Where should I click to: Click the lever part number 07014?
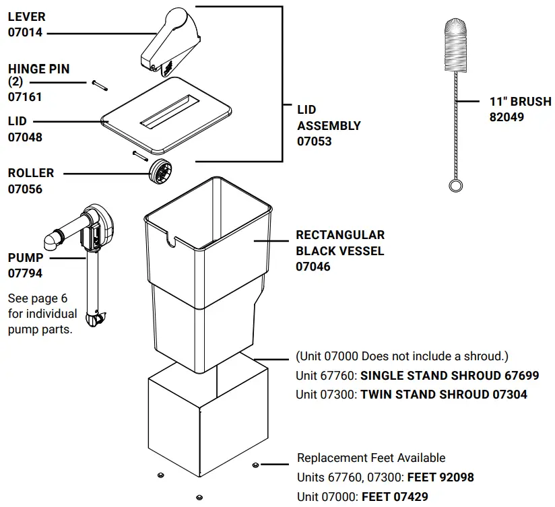tap(25, 31)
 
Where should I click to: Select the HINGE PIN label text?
tap(38, 69)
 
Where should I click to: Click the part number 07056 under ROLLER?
tap(25, 189)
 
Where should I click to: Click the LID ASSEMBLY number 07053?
tap(315, 141)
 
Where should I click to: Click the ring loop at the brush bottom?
tap(456, 185)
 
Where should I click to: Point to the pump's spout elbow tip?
tap(49, 240)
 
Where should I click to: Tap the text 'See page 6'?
tap(38, 298)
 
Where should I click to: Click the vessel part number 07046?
tap(313, 267)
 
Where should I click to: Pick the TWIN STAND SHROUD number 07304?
tap(509, 394)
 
